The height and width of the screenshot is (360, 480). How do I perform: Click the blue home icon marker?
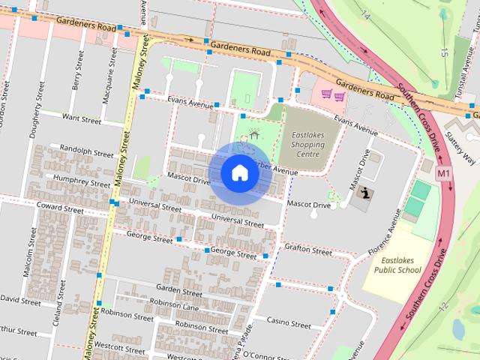239,173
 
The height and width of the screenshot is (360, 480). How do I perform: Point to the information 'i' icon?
364,193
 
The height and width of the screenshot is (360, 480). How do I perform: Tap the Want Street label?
81,118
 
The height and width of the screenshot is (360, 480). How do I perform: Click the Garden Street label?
178,289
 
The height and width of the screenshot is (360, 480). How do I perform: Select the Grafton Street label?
307,249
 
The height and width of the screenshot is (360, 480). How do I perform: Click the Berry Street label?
76,71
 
